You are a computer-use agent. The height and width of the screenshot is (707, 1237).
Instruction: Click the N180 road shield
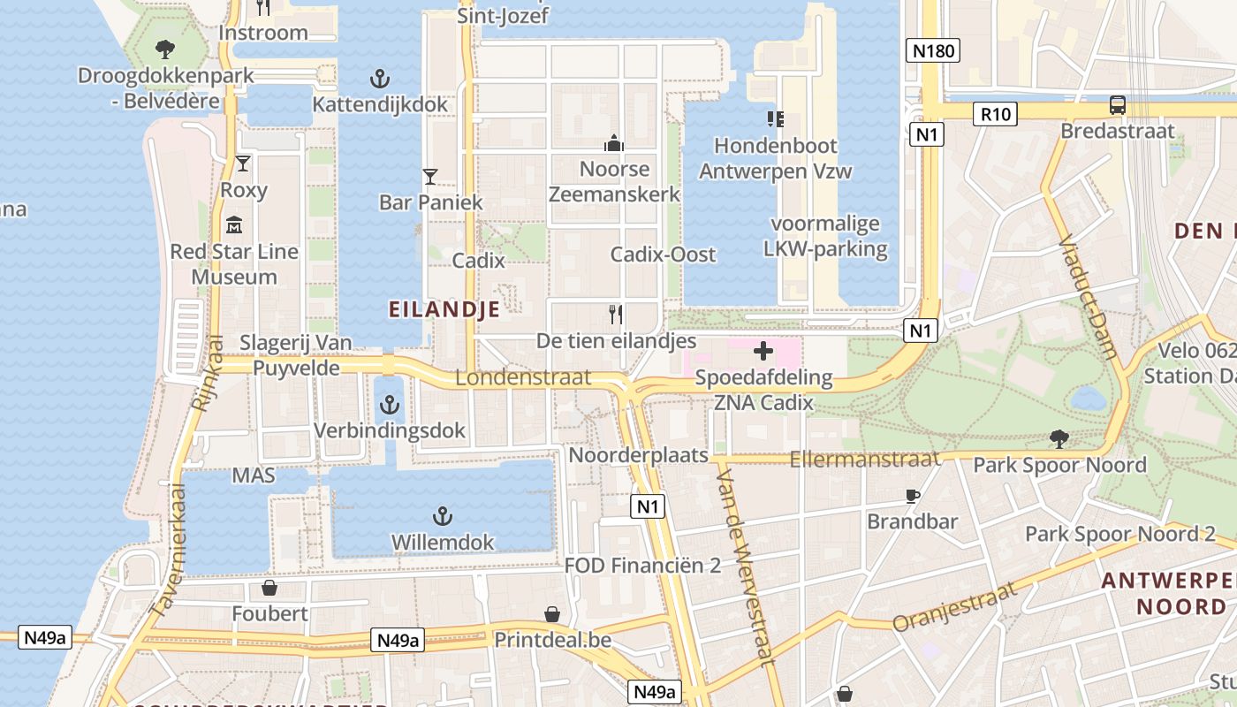tap(933, 50)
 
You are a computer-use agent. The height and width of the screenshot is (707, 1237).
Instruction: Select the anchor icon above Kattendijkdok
tap(379, 80)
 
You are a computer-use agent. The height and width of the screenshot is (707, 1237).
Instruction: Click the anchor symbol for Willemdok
tap(442, 516)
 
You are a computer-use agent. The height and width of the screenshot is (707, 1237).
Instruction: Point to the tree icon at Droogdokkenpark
tap(164, 49)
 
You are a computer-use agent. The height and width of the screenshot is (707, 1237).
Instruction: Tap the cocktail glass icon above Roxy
tap(243, 163)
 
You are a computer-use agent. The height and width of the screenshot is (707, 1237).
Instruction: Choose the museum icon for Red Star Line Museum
tap(234, 225)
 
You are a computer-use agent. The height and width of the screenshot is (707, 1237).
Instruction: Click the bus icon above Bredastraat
tap(1118, 105)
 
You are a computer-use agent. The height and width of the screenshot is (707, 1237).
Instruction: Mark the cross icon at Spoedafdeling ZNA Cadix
tap(763, 352)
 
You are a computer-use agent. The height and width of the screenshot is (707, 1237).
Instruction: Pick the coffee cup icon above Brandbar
tap(913, 496)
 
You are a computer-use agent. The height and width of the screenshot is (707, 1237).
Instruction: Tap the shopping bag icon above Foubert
tap(269, 588)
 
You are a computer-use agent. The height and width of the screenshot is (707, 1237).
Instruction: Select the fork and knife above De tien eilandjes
tap(616, 314)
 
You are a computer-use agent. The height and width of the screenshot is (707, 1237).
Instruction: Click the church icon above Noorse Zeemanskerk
tap(614, 142)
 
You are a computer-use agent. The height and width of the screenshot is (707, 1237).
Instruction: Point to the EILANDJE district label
tap(444, 308)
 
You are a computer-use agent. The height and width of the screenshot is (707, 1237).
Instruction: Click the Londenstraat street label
tap(523, 377)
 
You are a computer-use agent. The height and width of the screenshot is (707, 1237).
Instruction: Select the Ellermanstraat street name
tap(864, 459)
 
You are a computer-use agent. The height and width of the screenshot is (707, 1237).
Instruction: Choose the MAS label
tap(254, 475)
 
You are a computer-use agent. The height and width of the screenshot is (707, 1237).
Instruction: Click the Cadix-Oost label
tap(663, 255)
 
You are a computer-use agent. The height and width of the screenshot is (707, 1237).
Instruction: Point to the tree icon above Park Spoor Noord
tap(1059, 438)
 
